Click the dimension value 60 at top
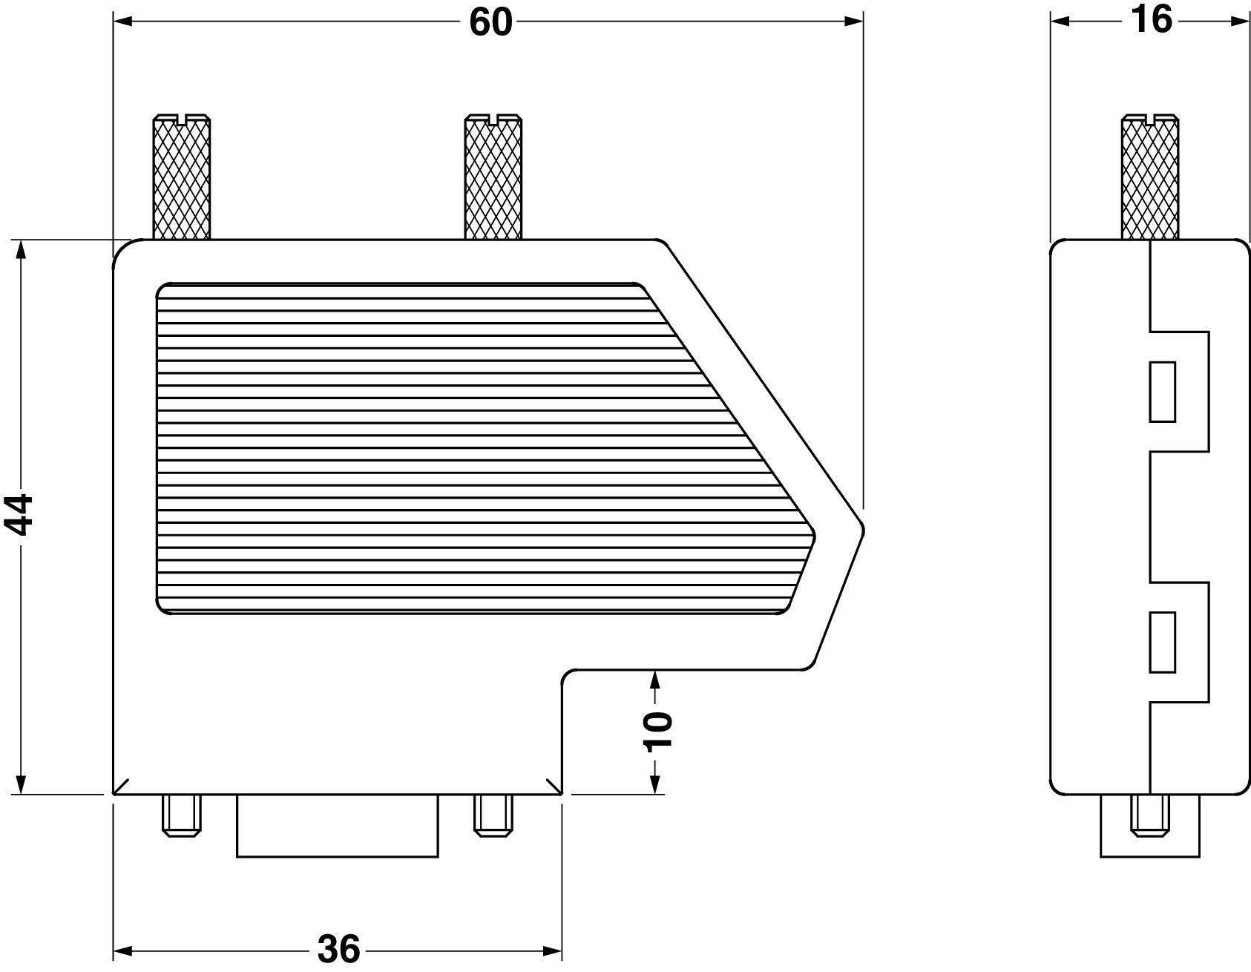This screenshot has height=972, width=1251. click(x=490, y=22)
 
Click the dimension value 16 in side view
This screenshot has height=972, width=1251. click(x=1151, y=20)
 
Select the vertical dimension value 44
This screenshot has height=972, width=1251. click(x=21, y=514)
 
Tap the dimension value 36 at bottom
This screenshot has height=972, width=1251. click(x=339, y=949)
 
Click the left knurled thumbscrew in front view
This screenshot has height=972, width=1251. click(x=181, y=178)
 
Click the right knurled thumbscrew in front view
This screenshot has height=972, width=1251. click(x=493, y=178)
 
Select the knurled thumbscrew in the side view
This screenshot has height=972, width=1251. click(x=1150, y=178)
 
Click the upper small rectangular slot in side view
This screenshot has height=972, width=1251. click(x=1162, y=392)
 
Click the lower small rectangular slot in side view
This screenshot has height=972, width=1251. click(x=1162, y=642)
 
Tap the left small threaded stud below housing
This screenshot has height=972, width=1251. click(x=181, y=815)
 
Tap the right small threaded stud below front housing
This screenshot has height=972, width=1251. click(x=493, y=815)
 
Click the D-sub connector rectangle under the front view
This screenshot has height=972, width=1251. click(x=337, y=827)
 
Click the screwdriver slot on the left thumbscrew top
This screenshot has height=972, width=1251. click(x=181, y=117)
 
